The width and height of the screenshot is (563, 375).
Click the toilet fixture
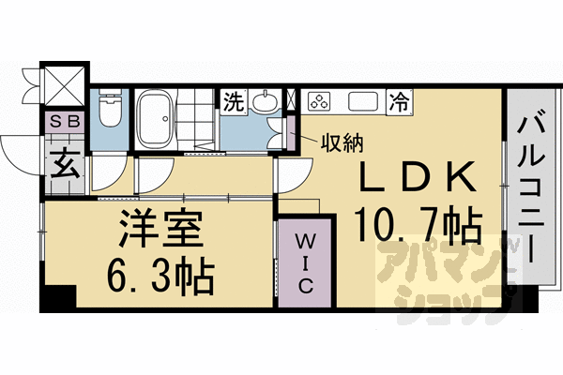110,110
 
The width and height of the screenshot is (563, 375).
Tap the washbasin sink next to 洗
266,102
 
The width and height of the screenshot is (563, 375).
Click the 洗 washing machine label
231,101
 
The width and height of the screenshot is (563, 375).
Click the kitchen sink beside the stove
361,100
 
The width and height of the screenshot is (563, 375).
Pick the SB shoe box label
64,120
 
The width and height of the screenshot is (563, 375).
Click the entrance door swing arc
19,150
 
